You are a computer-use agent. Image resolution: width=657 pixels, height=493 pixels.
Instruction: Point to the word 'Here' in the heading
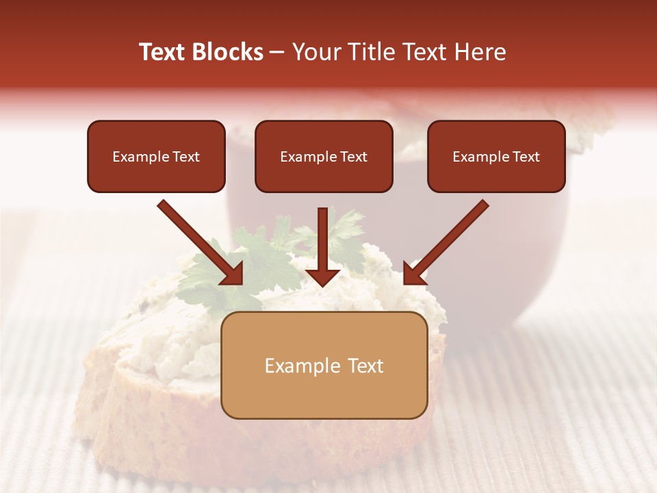(479, 52)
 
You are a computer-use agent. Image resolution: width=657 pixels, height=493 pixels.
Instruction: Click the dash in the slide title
(277, 52)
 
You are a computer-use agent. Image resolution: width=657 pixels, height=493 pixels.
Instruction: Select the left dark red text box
(156, 156)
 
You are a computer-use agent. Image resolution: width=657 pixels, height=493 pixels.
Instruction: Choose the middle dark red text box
(324, 156)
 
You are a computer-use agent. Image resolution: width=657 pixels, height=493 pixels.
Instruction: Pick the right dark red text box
(496, 156)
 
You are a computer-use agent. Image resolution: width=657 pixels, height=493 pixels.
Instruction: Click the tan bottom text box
(324, 366)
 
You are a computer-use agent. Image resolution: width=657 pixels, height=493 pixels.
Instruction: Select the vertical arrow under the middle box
(322, 240)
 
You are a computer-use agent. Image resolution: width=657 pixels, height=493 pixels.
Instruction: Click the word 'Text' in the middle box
(354, 157)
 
